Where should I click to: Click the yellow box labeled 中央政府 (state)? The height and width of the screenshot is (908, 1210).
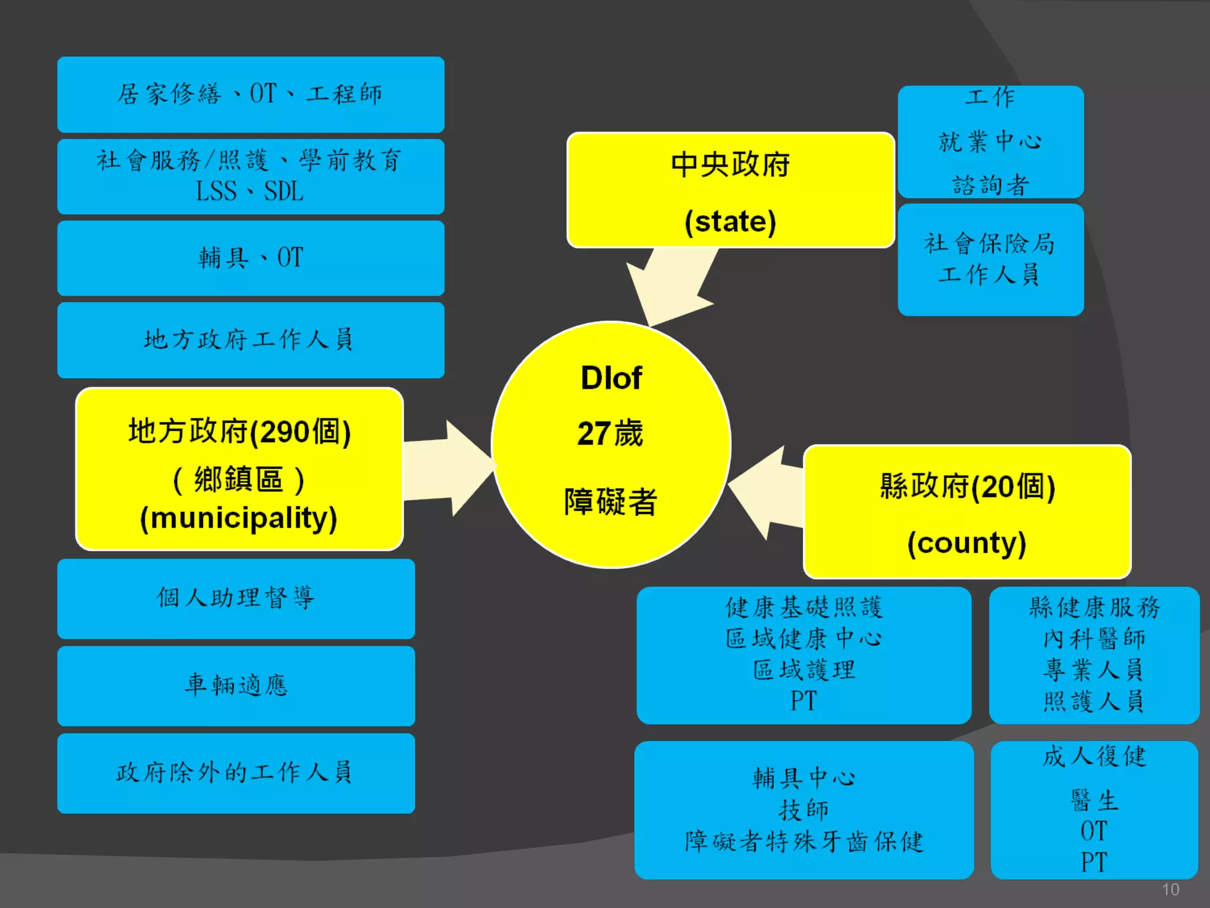point(730,190)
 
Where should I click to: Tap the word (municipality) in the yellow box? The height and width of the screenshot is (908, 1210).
point(239,518)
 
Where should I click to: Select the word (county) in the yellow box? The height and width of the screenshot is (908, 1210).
point(967,543)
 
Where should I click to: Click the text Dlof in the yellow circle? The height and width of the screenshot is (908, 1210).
point(611,378)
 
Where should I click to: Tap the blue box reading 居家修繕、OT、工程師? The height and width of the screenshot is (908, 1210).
point(251,95)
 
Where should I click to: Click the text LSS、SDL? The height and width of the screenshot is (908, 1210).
point(250,192)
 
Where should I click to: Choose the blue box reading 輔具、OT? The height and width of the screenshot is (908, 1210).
point(251,258)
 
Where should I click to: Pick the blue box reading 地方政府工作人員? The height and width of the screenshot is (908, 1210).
point(251,340)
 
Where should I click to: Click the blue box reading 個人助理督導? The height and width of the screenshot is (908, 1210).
point(236,598)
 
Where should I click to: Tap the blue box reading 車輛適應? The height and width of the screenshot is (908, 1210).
point(236,686)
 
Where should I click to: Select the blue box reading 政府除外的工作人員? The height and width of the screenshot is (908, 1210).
point(236,773)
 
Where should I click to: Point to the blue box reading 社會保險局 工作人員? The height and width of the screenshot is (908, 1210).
point(990,260)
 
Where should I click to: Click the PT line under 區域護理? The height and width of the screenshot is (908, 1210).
point(804,702)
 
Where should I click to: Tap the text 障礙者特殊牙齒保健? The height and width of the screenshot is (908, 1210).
point(804,842)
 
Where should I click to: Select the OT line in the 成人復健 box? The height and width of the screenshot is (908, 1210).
point(1094,831)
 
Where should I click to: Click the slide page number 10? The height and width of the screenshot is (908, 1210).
point(1170,890)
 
